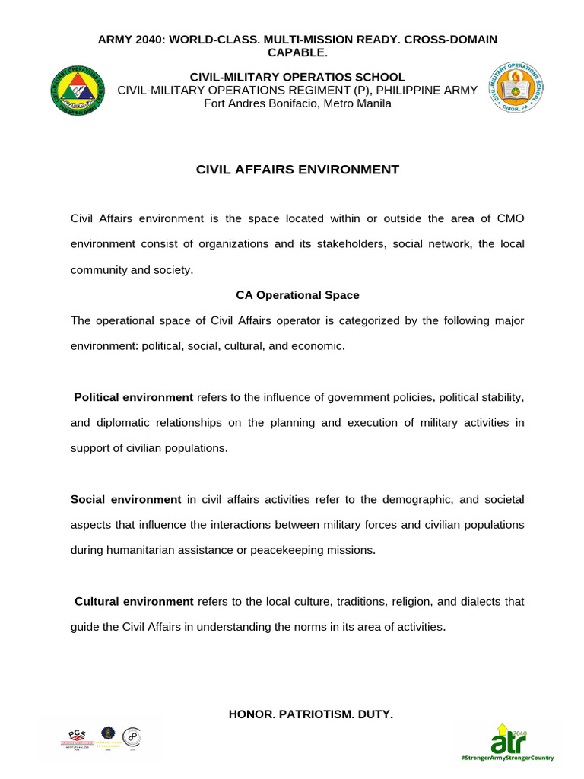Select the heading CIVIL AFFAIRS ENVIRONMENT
(297, 170)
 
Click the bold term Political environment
(133, 398)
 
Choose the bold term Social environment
(125, 500)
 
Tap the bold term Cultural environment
(134, 602)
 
